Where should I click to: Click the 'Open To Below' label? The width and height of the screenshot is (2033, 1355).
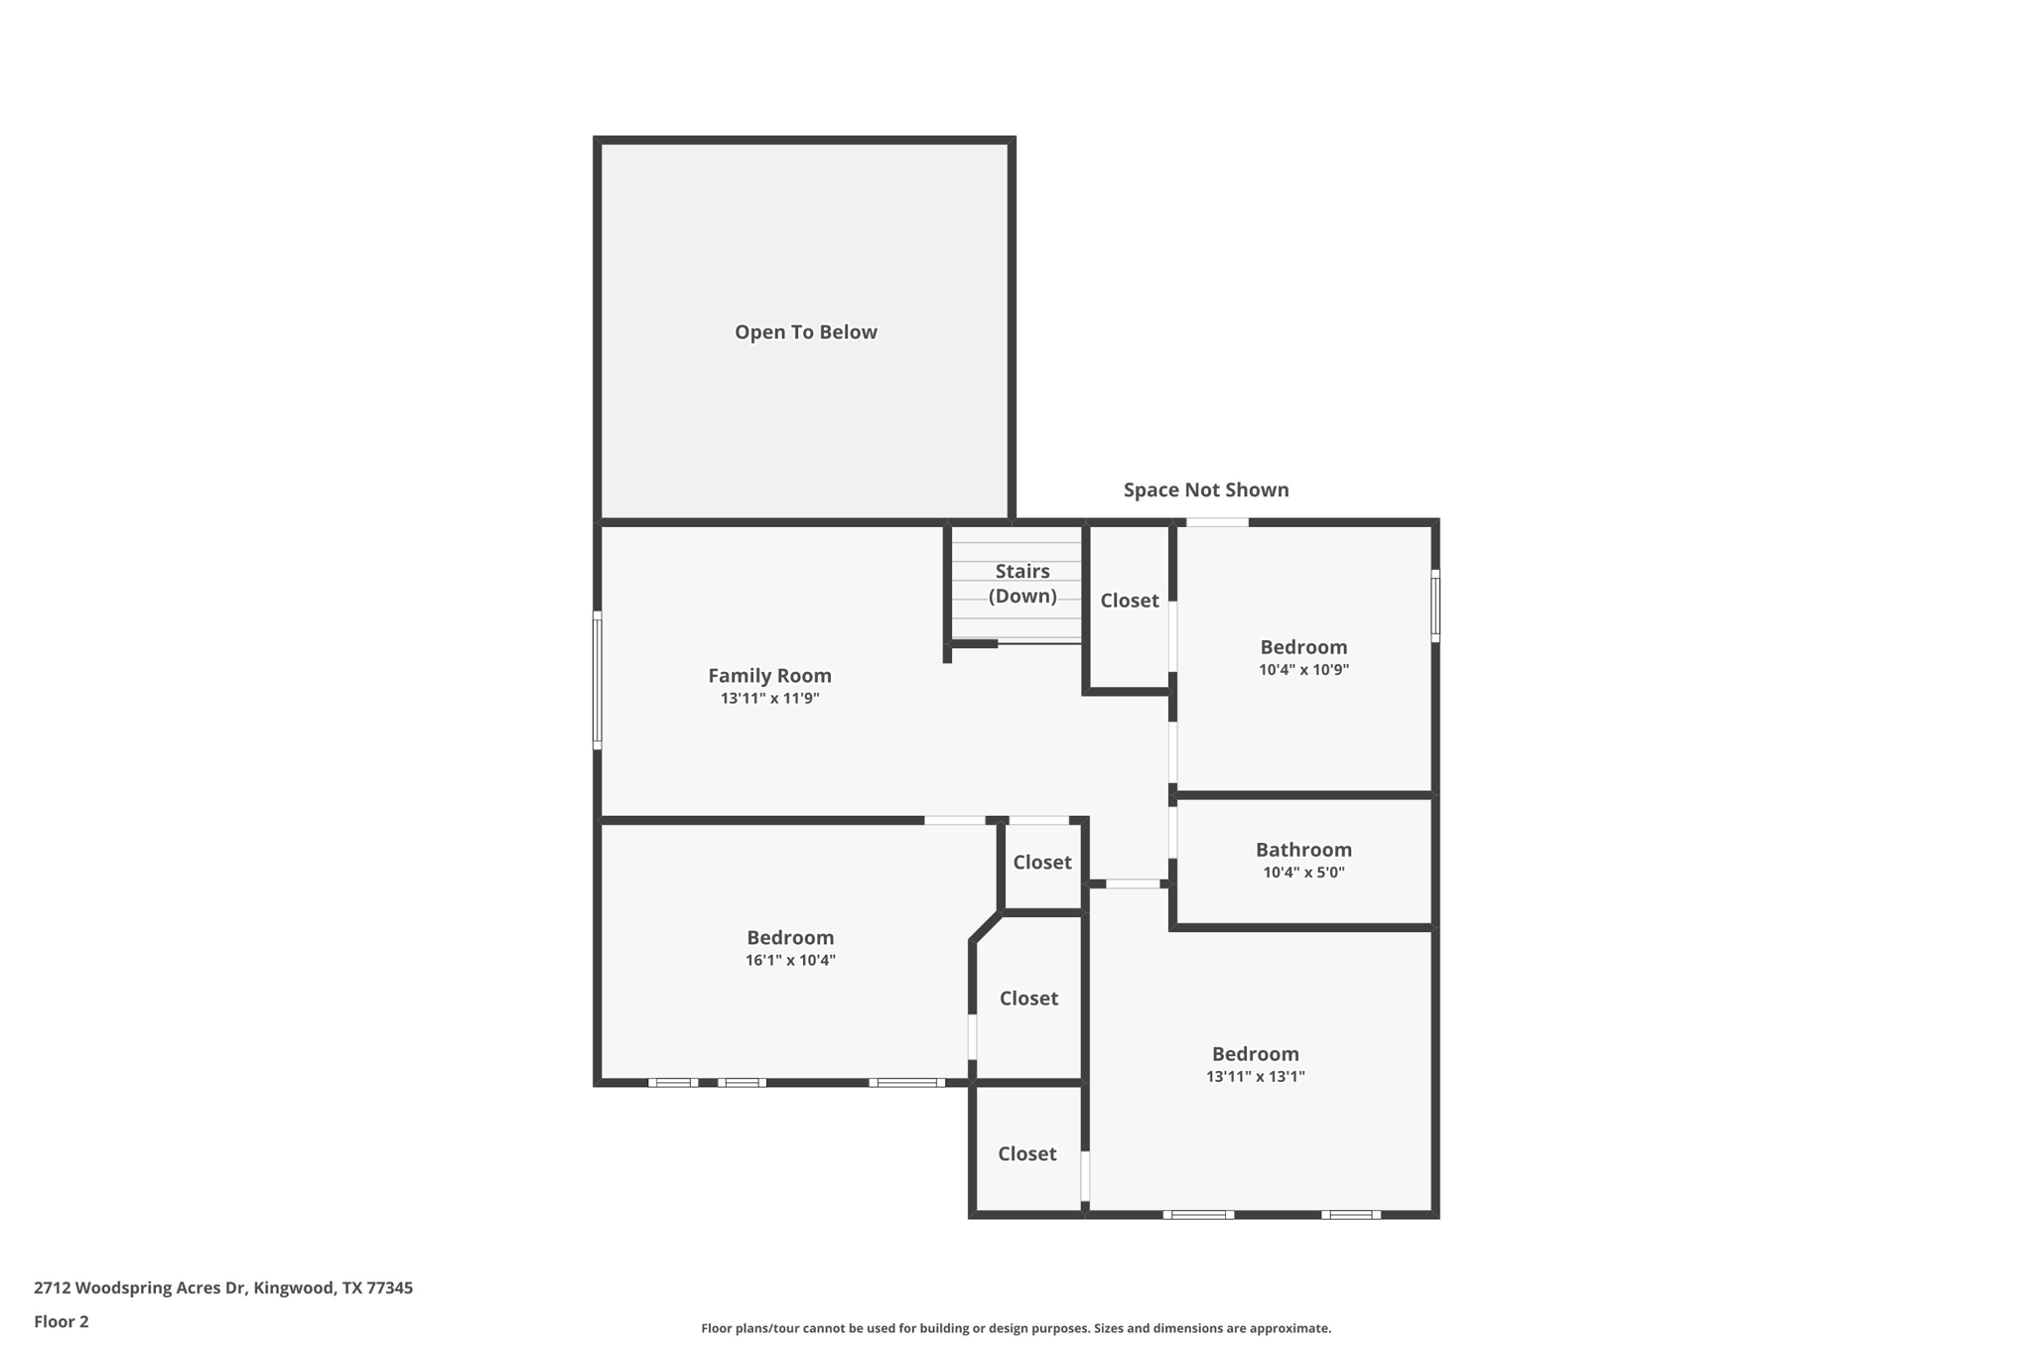[x=805, y=333]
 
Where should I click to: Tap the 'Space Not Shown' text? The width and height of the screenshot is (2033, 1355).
[x=1205, y=489]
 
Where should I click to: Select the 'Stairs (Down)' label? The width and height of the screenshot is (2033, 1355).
[x=1021, y=584]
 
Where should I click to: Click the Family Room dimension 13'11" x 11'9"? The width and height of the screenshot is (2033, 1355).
[x=769, y=699]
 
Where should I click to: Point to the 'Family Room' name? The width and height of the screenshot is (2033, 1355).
[x=769, y=676]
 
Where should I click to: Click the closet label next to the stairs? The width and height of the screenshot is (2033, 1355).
[x=1129, y=601]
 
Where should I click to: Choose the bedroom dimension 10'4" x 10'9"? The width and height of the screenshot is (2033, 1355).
[x=1302, y=670]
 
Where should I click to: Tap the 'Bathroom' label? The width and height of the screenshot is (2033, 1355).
[x=1302, y=850]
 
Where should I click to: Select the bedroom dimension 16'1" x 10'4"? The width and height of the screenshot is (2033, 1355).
[x=790, y=961]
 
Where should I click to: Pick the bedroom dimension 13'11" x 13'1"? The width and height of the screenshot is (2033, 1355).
[x=1255, y=1077]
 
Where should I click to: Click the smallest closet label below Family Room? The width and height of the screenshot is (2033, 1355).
[x=1041, y=863]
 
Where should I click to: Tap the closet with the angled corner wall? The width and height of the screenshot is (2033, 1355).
[x=1028, y=999]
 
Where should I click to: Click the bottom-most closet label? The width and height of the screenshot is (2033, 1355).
[x=1026, y=1153]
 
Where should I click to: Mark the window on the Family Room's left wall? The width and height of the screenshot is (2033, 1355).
[x=598, y=680]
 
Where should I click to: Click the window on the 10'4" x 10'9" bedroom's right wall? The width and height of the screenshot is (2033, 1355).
[x=1434, y=606]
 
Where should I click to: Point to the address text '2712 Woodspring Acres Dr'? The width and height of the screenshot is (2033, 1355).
[x=139, y=1287]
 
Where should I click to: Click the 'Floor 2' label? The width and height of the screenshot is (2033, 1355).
[x=62, y=1321]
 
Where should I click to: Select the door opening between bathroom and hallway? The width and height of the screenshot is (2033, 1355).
[x=1172, y=832]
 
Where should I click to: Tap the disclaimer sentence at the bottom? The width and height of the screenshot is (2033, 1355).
[x=1016, y=1328]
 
